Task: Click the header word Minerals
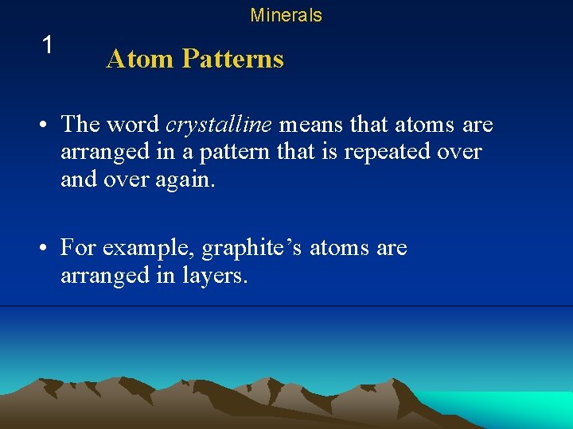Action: coord(286,15)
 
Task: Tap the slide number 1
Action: coord(48,45)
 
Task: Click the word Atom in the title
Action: coord(140,59)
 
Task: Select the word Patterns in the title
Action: coord(232,59)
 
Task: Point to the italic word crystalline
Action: coord(219,125)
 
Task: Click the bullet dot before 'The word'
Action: coord(49,126)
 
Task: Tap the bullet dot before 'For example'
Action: coord(49,249)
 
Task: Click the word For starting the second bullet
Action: coord(77,249)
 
